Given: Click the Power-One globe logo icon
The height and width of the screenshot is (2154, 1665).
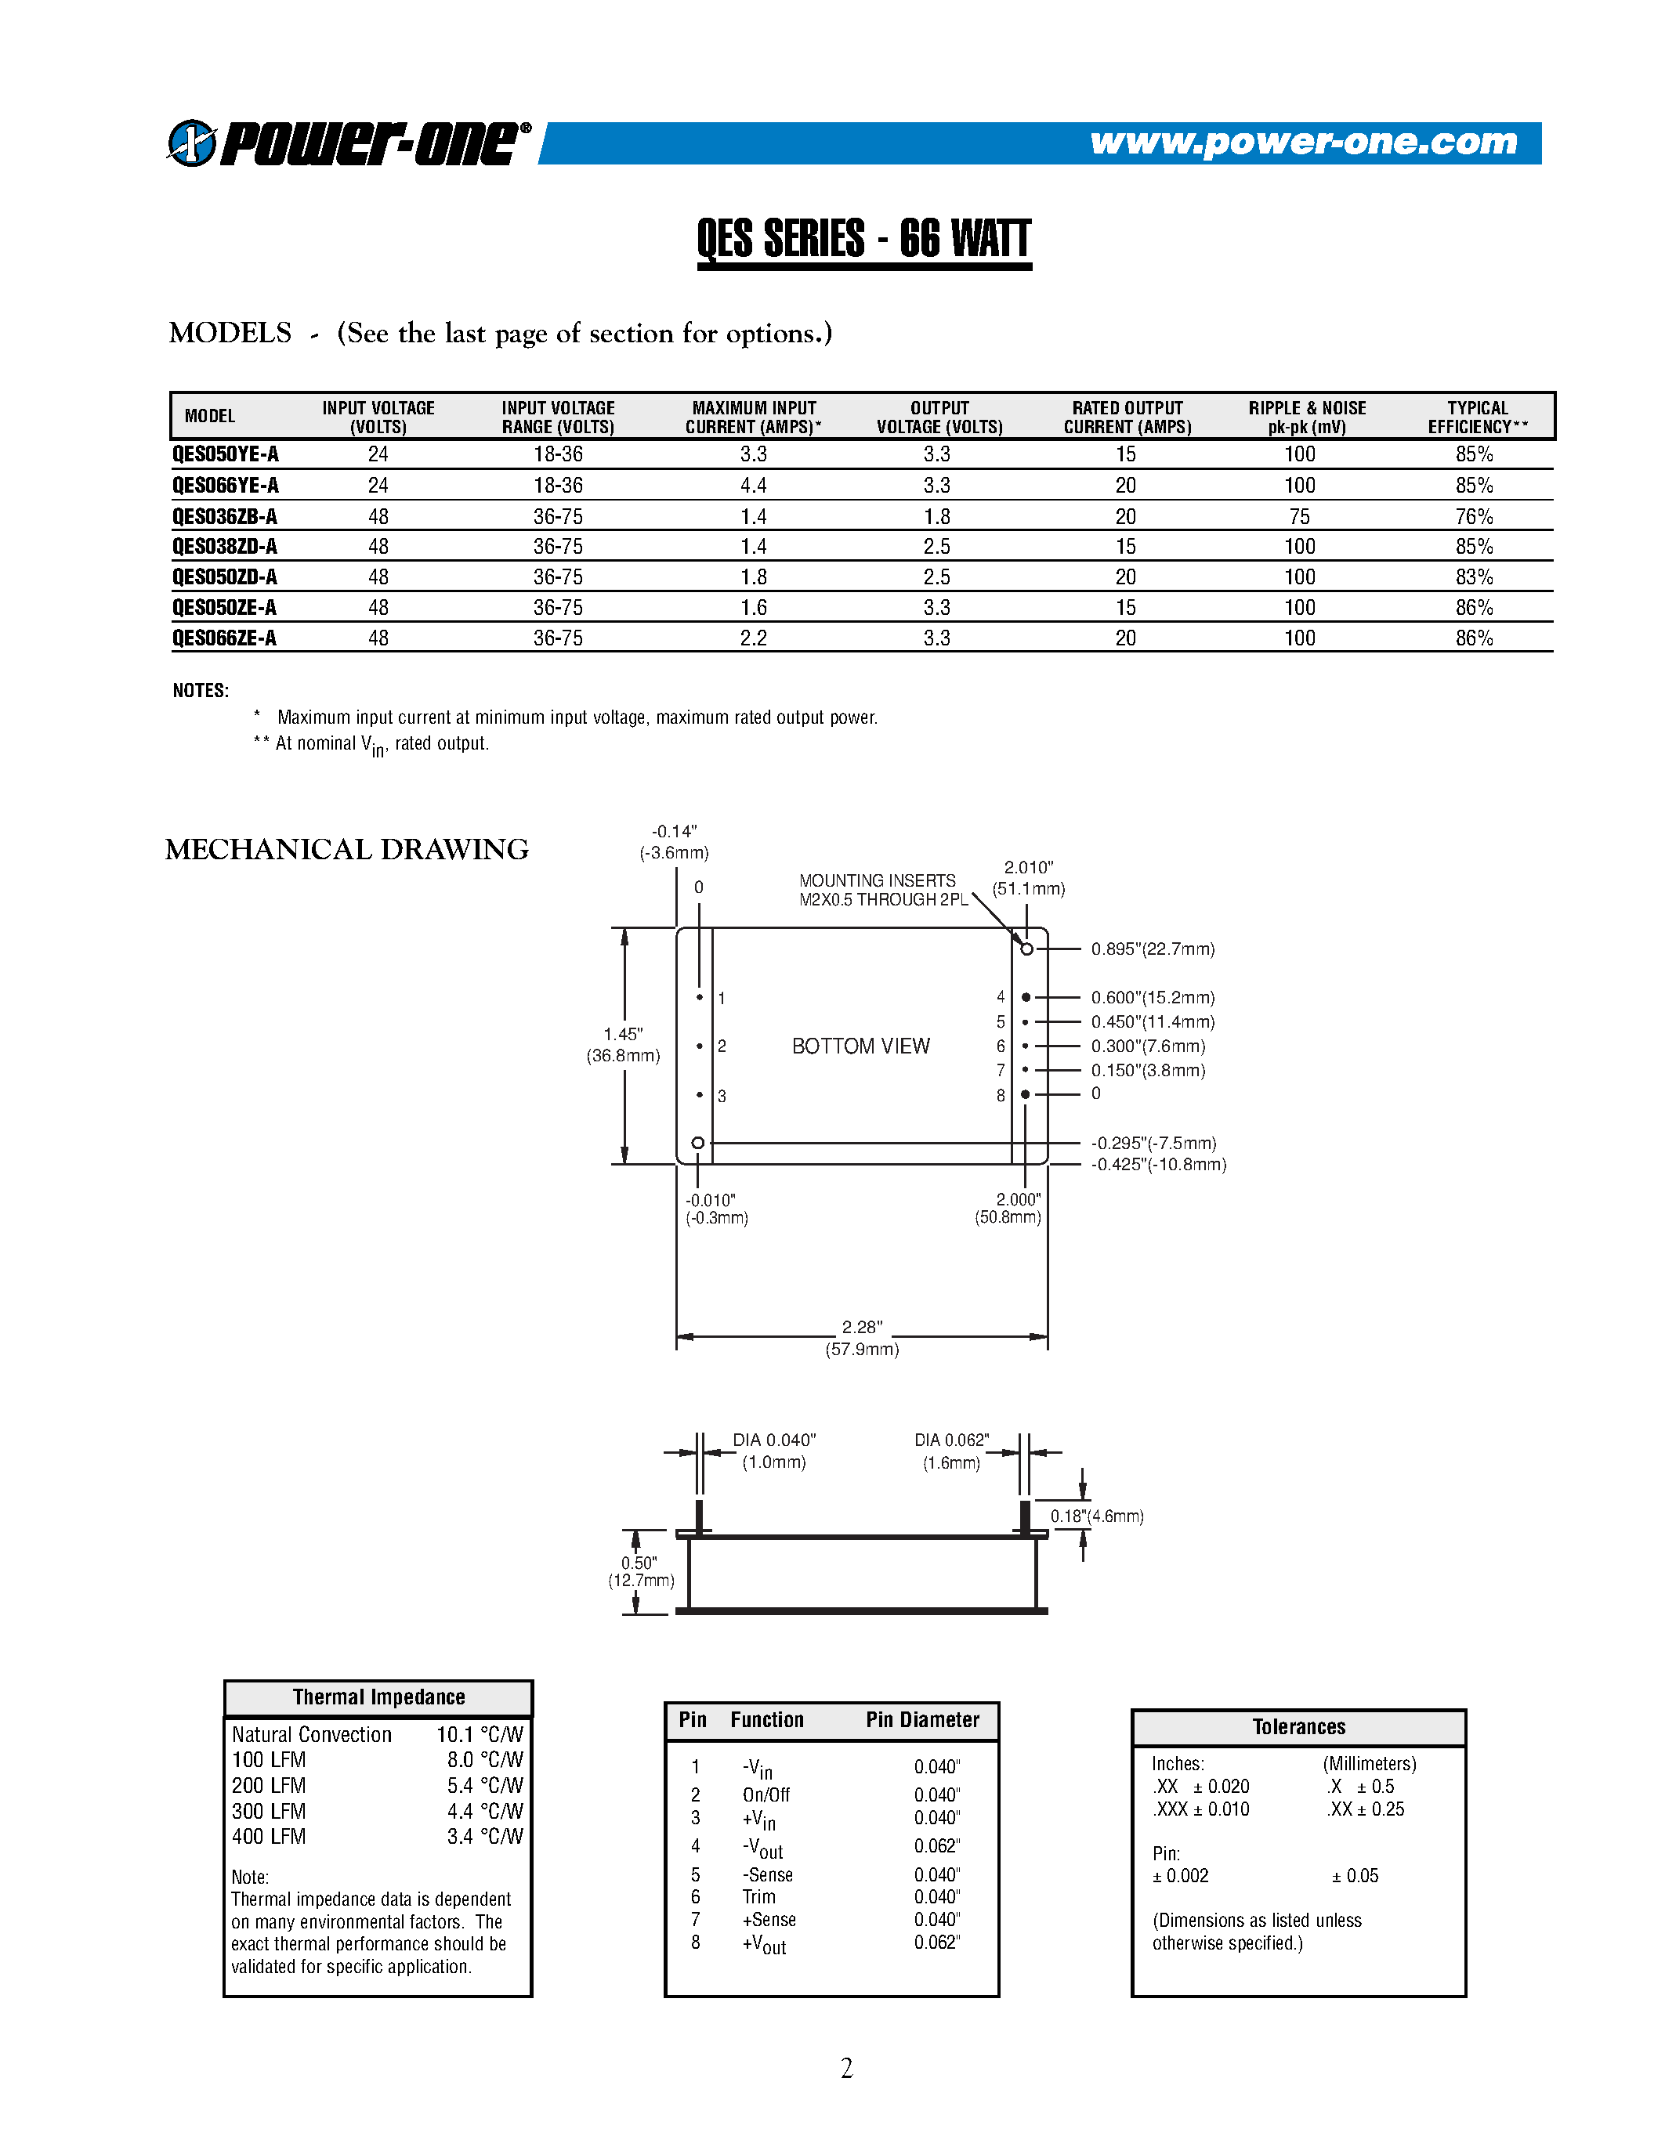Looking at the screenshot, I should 191,143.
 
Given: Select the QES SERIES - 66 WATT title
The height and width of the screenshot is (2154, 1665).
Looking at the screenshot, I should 863,239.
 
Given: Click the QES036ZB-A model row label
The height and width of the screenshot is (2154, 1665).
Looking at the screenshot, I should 225,516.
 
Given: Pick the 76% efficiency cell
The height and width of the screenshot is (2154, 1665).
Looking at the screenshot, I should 1474,516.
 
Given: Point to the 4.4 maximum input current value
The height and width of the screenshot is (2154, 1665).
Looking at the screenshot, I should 754,486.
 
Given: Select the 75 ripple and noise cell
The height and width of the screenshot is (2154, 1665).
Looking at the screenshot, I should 1299,516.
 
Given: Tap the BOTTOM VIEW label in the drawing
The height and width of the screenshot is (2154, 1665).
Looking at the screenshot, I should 860,1046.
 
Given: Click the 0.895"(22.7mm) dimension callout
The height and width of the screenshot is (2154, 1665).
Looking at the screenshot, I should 1152,949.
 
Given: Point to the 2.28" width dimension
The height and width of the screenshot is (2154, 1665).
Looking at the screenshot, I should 861,1328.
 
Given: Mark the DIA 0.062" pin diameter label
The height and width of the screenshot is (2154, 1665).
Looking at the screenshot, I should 951,1440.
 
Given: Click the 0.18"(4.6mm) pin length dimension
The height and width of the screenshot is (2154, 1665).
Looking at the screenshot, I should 1097,1516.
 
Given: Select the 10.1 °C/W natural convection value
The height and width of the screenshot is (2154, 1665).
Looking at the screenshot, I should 480,1734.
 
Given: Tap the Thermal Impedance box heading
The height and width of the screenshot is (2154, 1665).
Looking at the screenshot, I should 378,1697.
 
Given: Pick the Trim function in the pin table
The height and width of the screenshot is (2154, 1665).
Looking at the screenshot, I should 758,1896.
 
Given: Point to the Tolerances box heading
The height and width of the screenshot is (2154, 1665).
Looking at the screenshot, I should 1298,1726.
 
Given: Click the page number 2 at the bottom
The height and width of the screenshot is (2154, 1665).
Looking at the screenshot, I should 846,2067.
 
